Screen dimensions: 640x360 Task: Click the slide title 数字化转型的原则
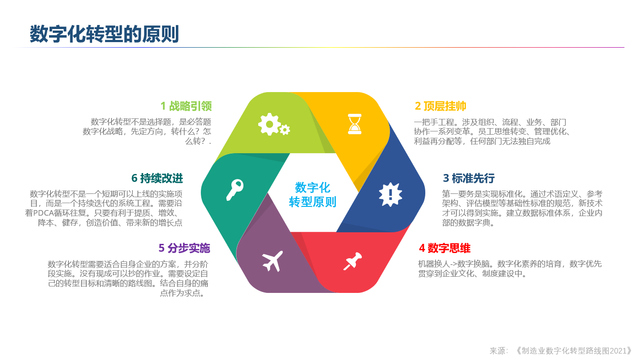pos(104,34)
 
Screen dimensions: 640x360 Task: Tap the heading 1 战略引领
pos(186,106)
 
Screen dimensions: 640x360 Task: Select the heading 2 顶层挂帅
pos(440,106)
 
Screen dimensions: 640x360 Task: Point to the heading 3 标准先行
pos(469,178)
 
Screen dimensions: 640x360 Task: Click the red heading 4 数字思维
pos(445,248)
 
